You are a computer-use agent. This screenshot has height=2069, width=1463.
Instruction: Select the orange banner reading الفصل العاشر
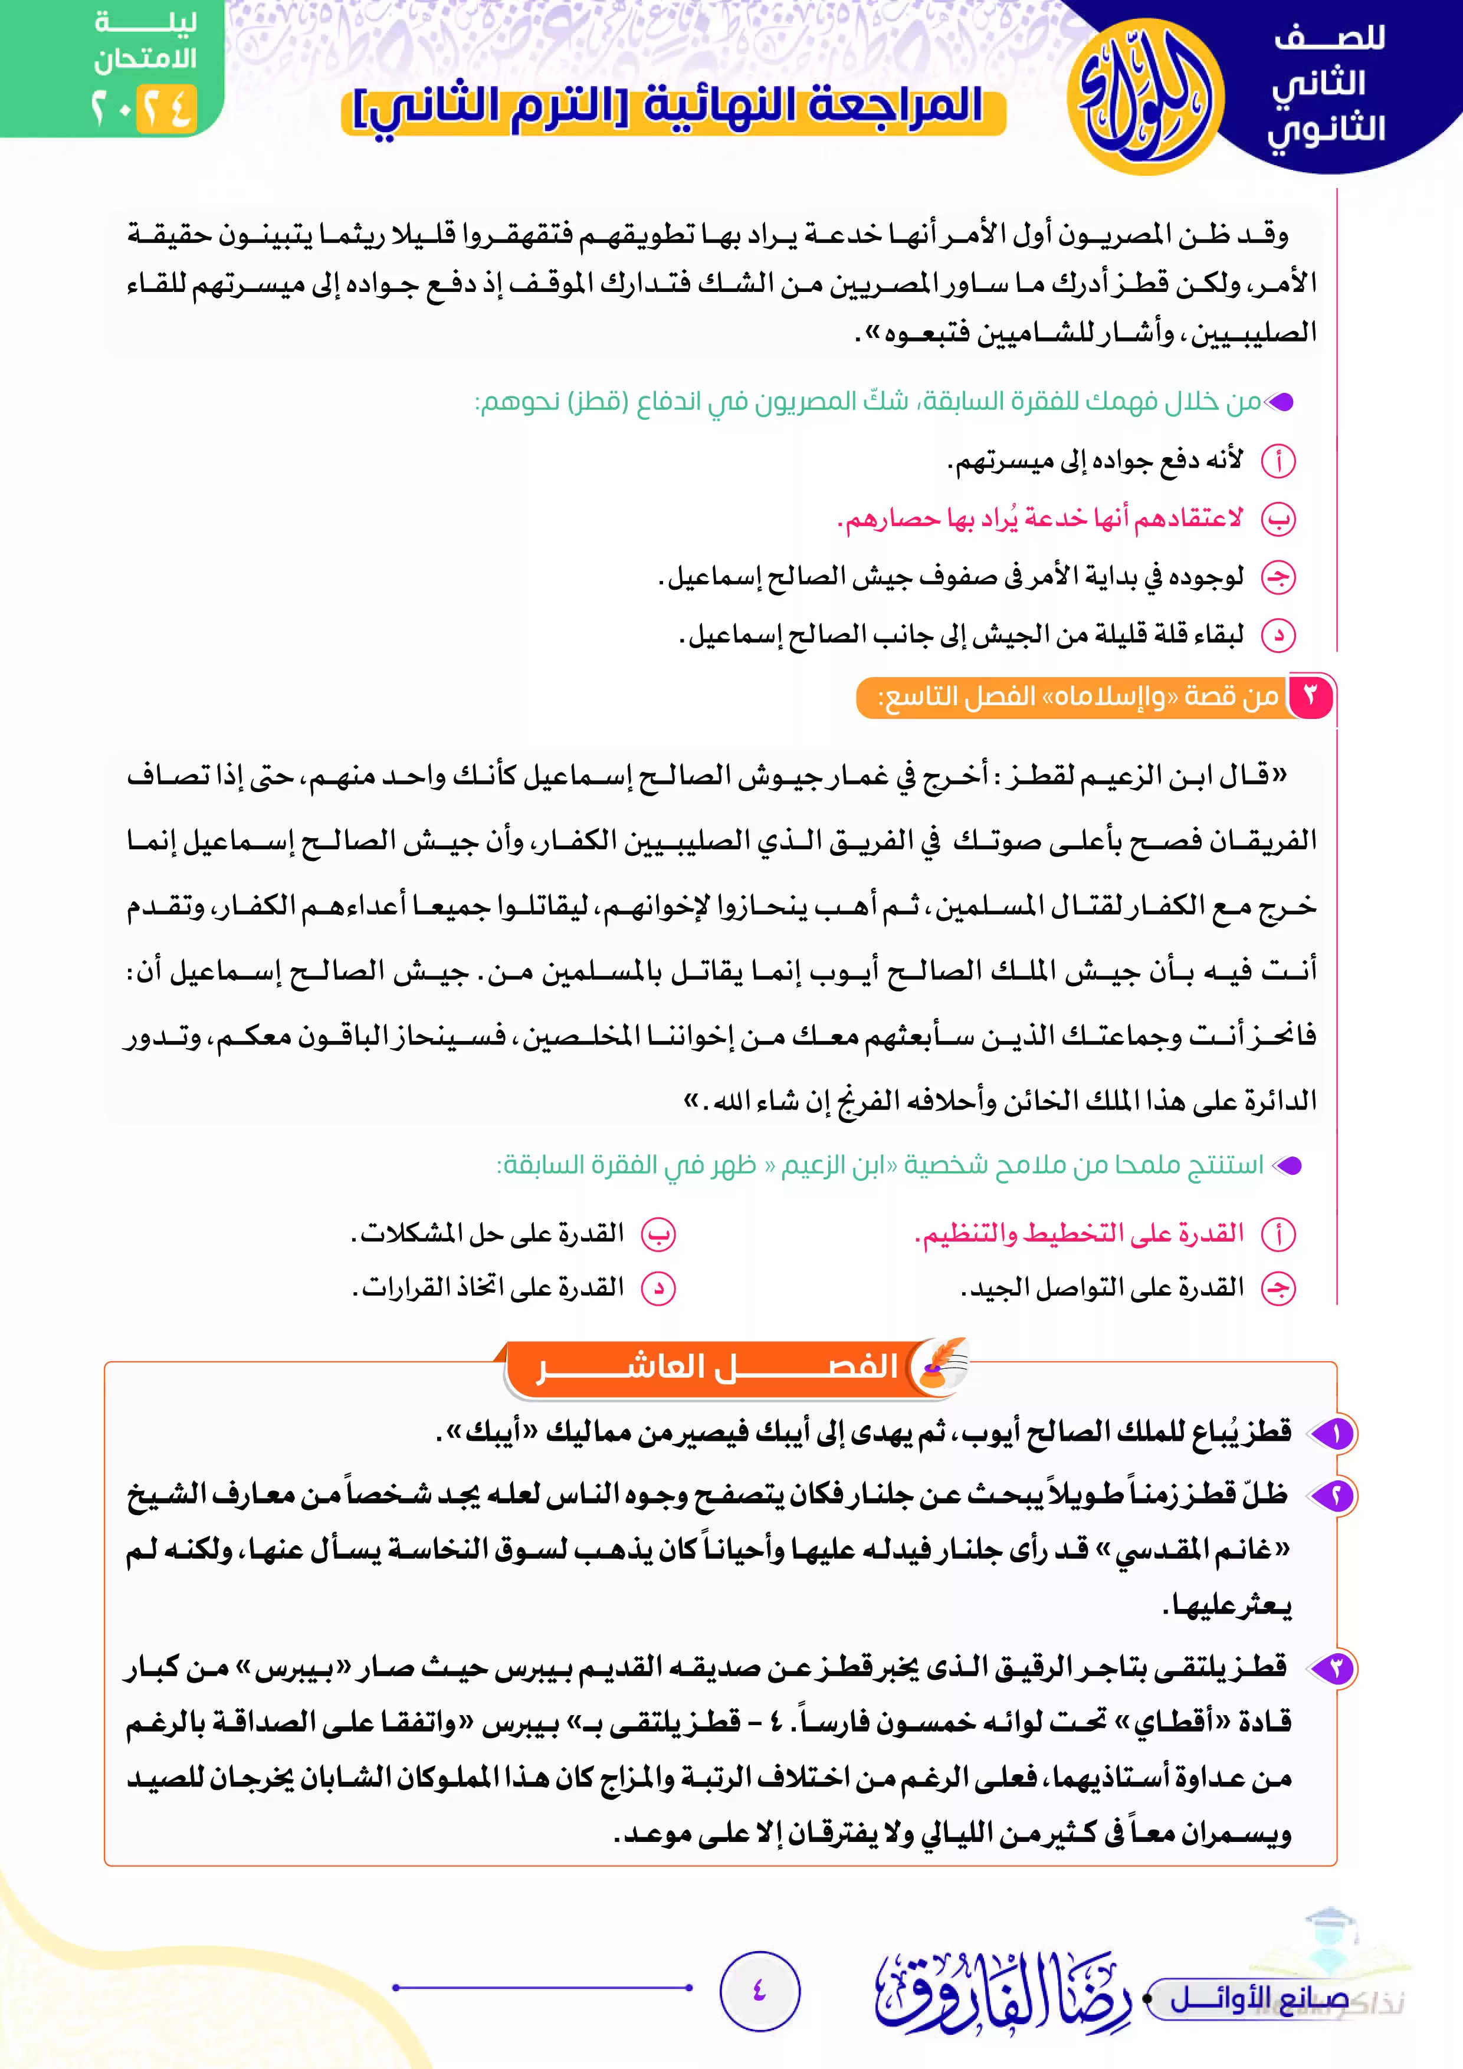click(717, 1368)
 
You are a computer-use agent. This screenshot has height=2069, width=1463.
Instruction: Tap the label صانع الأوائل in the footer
click(1258, 1999)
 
